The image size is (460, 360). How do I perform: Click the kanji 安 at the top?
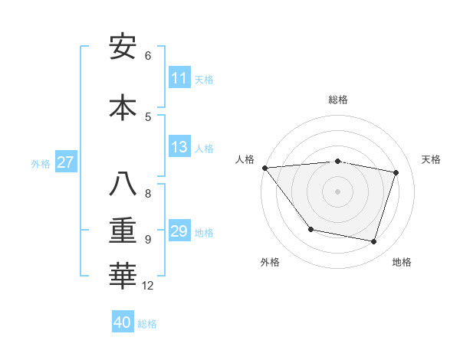tap(123, 47)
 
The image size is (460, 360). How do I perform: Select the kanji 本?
tap(123, 107)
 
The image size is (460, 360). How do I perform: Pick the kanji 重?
tap(123, 230)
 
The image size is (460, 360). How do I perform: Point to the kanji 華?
tap(123, 276)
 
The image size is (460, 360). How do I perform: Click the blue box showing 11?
tap(179, 78)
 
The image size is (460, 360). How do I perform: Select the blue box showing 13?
tap(179, 147)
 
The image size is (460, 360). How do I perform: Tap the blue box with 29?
tap(179, 231)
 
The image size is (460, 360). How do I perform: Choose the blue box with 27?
tap(65, 162)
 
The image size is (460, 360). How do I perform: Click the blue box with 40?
tap(123, 322)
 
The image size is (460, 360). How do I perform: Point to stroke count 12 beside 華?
tap(148, 286)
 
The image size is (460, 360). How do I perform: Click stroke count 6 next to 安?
tap(148, 55)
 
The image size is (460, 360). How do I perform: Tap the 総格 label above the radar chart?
tap(338, 100)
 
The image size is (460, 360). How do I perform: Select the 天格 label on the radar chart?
tap(432, 159)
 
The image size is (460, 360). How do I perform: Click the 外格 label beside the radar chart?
tap(270, 262)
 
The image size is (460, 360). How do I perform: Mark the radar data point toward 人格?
tap(264, 168)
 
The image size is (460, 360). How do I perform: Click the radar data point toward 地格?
tap(374, 241)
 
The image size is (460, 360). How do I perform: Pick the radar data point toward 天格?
tap(396, 172)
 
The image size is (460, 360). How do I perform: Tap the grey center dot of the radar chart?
tap(338, 191)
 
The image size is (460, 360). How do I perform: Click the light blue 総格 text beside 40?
tap(147, 324)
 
